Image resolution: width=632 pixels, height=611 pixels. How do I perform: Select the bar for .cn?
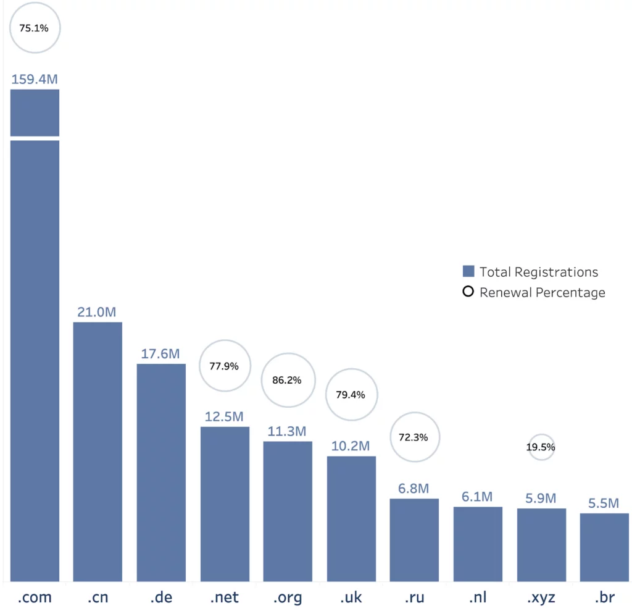pos(98,451)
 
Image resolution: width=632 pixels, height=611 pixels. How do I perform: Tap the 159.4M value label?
pos(35,80)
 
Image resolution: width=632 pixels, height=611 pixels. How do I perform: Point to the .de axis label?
pos(160,598)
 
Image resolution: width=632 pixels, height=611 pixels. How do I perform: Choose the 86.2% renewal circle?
pos(287,381)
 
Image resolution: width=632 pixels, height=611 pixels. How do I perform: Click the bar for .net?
pos(225,504)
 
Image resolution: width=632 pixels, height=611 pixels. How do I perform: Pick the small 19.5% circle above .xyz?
pos(541,447)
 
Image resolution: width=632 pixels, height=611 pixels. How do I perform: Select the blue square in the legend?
pos(468,272)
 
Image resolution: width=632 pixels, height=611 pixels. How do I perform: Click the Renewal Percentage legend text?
pos(542,292)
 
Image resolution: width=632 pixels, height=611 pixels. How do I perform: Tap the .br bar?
pos(604,547)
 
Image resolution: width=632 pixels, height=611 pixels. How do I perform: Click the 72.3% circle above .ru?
pos(414,437)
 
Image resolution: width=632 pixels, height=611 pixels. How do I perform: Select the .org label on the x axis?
pos(287,598)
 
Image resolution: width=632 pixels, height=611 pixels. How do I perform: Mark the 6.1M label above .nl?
pos(477,497)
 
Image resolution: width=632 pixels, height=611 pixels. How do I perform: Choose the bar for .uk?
pos(351,518)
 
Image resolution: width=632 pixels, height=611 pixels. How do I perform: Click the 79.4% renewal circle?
pos(351,395)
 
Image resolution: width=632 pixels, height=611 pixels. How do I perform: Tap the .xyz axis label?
pos(541,598)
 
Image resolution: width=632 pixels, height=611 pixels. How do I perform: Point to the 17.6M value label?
pos(160,354)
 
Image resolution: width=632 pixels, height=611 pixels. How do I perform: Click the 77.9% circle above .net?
pos(224,366)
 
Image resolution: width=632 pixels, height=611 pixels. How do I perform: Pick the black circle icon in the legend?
pos(468,292)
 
